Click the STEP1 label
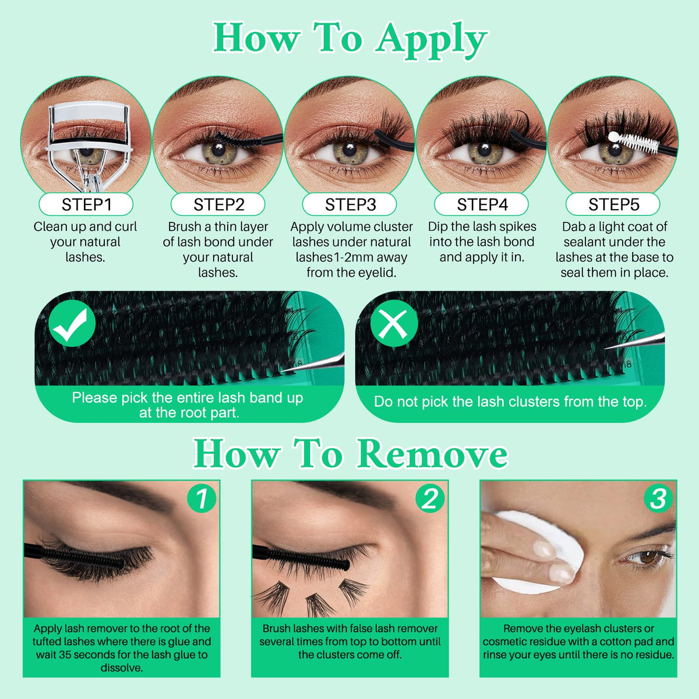(x=86, y=204)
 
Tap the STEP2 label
(x=218, y=204)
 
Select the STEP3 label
(x=350, y=204)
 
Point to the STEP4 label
(x=482, y=204)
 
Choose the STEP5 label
(x=613, y=204)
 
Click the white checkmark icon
(x=72, y=323)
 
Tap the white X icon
(x=394, y=323)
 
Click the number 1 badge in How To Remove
(x=202, y=498)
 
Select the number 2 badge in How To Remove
(x=430, y=498)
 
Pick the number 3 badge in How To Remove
(x=658, y=498)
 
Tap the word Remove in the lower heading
(x=432, y=454)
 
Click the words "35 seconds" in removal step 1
(x=91, y=654)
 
